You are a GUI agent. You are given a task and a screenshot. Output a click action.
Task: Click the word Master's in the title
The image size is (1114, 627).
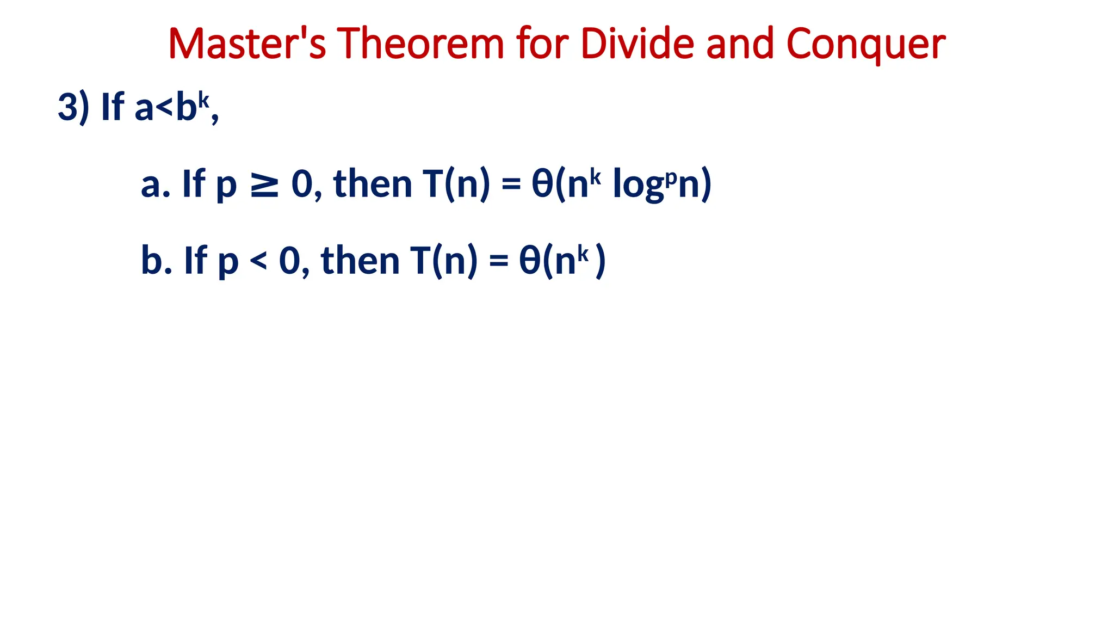tap(247, 44)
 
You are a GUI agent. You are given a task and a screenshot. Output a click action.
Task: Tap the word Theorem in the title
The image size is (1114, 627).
tap(420, 44)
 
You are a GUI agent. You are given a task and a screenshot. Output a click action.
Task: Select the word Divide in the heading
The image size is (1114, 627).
tap(637, 44)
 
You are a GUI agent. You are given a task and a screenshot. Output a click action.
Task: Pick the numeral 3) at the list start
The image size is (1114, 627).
tap(73, 107)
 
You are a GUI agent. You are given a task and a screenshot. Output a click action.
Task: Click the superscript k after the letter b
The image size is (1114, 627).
tap(203, 100)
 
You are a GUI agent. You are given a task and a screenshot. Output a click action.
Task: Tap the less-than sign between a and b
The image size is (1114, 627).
tap(164, 108)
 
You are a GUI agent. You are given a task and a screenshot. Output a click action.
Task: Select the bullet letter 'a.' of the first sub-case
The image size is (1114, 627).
tap(156, 185)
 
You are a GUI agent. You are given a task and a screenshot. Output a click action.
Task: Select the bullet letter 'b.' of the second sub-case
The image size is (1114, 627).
tap(157, 261)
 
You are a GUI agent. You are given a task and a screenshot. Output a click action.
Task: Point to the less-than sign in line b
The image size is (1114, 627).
tap(258, 261)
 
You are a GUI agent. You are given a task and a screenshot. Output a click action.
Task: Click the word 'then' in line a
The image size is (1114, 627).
tap(373, 184)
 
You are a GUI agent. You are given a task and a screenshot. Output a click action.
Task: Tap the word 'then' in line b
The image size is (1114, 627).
tap(360, 261)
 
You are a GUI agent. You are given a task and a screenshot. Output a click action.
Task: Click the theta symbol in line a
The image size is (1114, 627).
tap(542, 184)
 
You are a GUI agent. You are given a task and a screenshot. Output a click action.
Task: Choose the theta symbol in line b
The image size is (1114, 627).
tap(530, 261)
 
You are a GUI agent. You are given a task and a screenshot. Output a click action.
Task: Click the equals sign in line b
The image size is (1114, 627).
tap(498, 262)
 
